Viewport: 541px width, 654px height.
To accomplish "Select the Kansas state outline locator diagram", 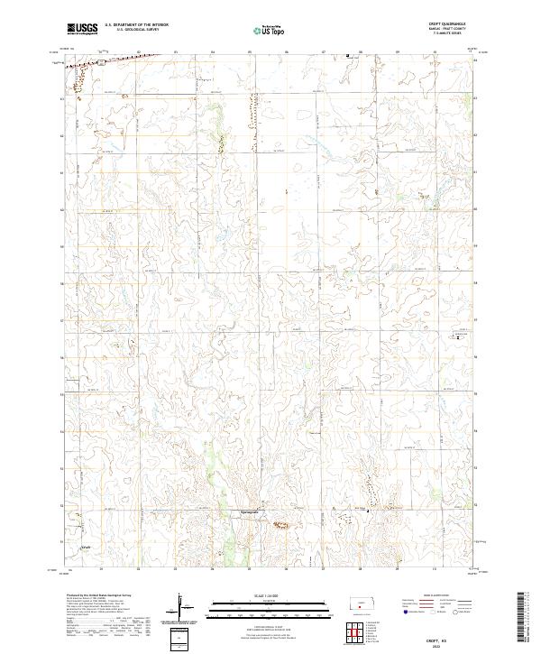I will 364,601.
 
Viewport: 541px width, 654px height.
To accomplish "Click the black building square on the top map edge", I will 349,56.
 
